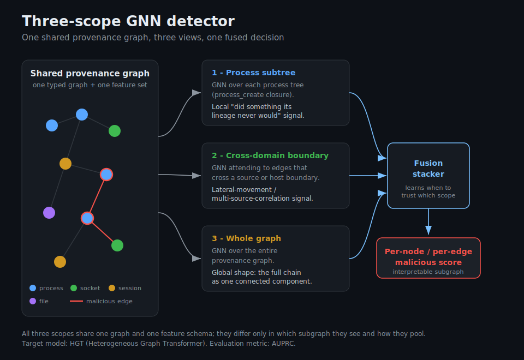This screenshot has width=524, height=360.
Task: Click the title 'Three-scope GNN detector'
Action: pos(128,21)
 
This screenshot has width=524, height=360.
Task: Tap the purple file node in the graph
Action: pos(49,213)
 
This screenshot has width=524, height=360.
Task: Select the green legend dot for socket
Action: pos(74,288)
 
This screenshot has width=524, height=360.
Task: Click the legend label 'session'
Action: pos(130,288)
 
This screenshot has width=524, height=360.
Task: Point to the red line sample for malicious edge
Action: pos(76,301)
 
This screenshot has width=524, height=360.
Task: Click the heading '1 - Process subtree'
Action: pos(254,73)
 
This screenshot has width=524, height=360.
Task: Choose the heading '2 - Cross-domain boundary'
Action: pos(270,155)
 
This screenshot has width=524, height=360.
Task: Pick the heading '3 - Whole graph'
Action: pos(246,238)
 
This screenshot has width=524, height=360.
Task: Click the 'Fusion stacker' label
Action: pos(428,169)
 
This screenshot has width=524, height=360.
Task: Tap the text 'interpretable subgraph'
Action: pos(428,272)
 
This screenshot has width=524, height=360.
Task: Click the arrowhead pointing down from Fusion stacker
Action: pos(428,230)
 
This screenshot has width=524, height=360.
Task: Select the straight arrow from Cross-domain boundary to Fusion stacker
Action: pos(368,176)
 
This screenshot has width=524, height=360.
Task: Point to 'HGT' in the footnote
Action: pos(76,344)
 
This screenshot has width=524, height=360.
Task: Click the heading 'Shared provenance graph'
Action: pos(90,74)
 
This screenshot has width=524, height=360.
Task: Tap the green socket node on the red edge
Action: pos(117,245)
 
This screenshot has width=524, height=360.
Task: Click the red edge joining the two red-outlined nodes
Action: pos(97,196)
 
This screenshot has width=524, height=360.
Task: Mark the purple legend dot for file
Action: pos(33,301)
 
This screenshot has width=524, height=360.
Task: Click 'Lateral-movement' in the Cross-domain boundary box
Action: pos(242,190)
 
